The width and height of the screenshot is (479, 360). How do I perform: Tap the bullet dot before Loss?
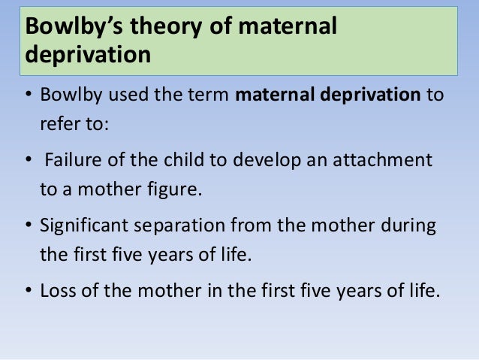pos(29,290)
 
